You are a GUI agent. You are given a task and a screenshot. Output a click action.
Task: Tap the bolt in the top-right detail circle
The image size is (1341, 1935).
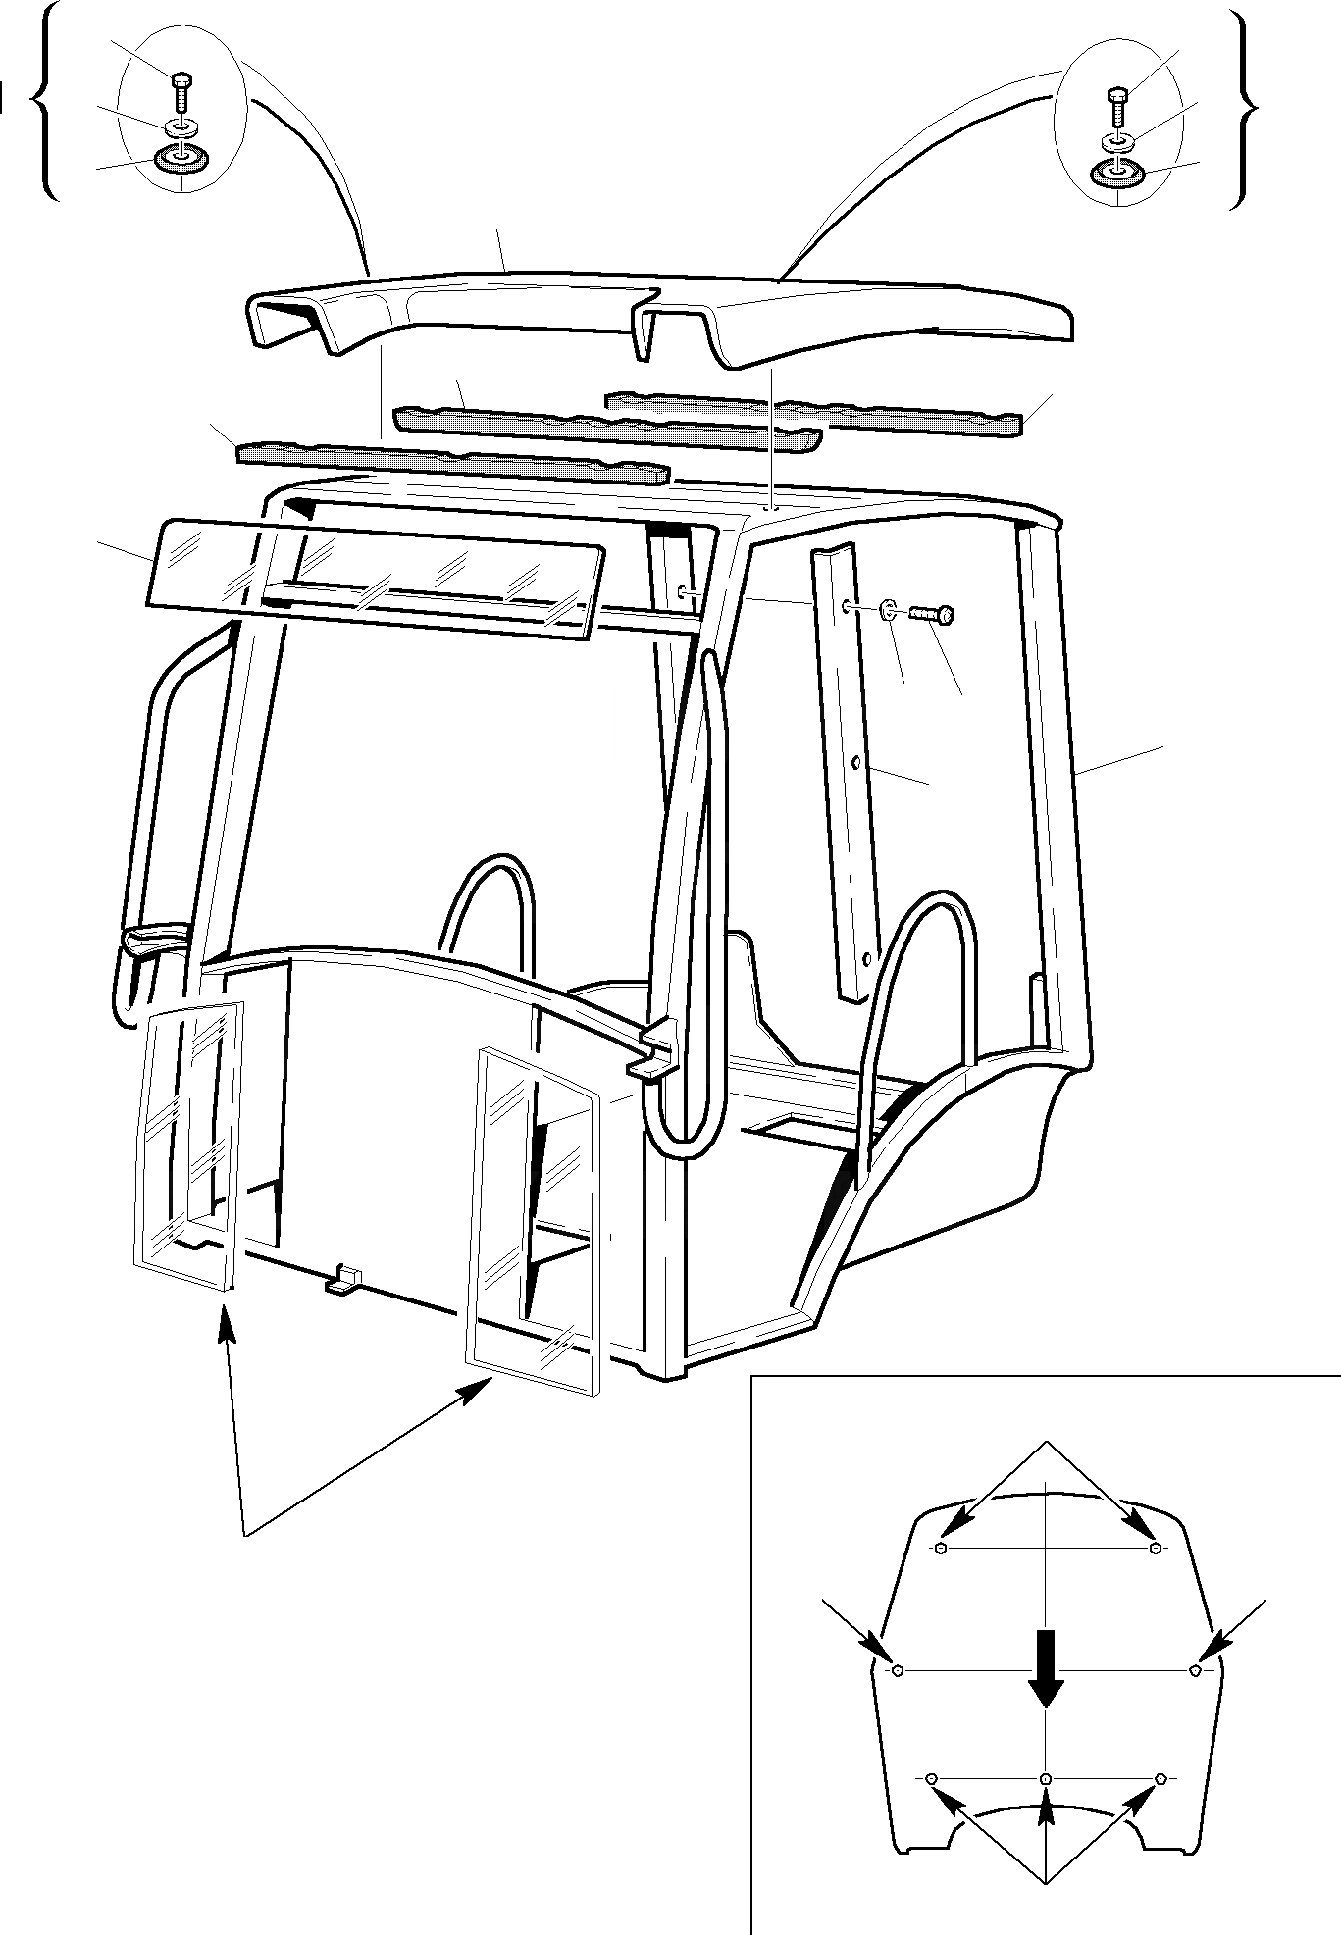pyautogui.click(x=1117, y=106)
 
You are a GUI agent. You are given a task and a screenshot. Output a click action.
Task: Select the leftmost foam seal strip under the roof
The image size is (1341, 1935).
pyautogui.click(x=451, y=461)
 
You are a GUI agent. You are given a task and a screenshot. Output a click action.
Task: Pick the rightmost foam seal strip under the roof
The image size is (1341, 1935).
pyautogui.click(x=814, y=410)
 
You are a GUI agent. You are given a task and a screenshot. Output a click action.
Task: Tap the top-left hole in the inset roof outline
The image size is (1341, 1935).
pyautogui.click(x=941, y=1549)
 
